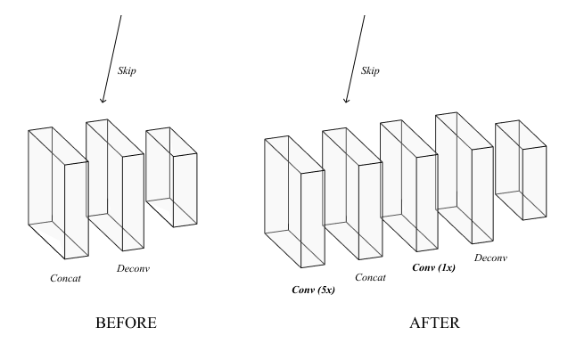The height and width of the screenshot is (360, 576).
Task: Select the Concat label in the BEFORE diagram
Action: pyautogui.click(x=65, y=279)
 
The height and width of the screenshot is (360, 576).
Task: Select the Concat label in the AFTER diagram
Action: pyautogui.click(x=370, y=277)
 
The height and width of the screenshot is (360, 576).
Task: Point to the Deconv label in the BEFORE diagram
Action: pyautogui.click(x=134, y=267)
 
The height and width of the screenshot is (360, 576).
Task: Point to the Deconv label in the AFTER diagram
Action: pyautogui.click(x=490, y=258)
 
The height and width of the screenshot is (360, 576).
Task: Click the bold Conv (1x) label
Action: pyautogui.click(x=433, y=266)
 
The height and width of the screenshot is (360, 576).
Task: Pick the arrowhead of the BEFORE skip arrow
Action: pyautogui.click(x=103, y=102)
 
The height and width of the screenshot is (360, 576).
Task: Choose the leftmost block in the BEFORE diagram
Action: pyautogui.click(x=58, y=192)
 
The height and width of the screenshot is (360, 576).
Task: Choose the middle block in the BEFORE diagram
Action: pyautogui.click(x=114, y=183)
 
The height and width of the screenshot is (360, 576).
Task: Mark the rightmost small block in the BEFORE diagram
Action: pyautogui.click(x=171, y=176)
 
